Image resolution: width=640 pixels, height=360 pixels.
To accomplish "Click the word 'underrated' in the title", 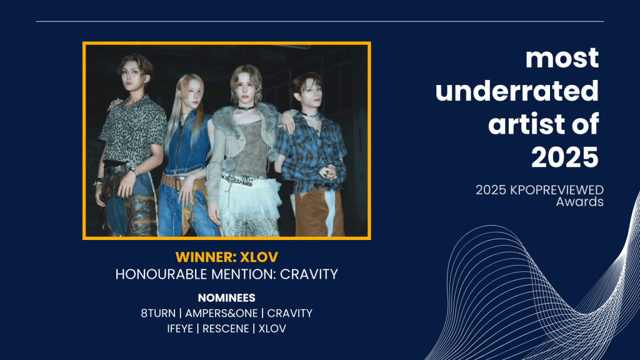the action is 517,91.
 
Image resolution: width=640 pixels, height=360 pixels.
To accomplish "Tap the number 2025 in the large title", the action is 565,157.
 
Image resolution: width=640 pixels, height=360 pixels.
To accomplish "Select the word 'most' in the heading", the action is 562,58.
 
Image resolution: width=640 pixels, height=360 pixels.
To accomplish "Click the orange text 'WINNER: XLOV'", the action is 226,257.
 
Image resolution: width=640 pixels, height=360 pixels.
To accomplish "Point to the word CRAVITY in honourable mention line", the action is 309,274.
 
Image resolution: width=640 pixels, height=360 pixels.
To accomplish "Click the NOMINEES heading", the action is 226,298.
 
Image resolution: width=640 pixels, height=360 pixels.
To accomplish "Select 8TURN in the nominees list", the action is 158,314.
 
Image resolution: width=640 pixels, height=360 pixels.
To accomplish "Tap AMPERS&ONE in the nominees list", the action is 221,314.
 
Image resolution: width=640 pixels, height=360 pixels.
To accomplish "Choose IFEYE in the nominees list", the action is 180,329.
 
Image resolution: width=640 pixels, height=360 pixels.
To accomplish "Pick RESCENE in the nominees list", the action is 226,329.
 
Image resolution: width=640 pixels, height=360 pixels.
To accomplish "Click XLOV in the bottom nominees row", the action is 272,329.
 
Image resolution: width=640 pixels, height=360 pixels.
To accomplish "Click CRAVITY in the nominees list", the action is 290,314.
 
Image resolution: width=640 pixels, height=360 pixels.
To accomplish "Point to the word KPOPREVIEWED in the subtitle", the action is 557,190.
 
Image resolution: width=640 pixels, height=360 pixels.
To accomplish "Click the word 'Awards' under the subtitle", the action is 579,202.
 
